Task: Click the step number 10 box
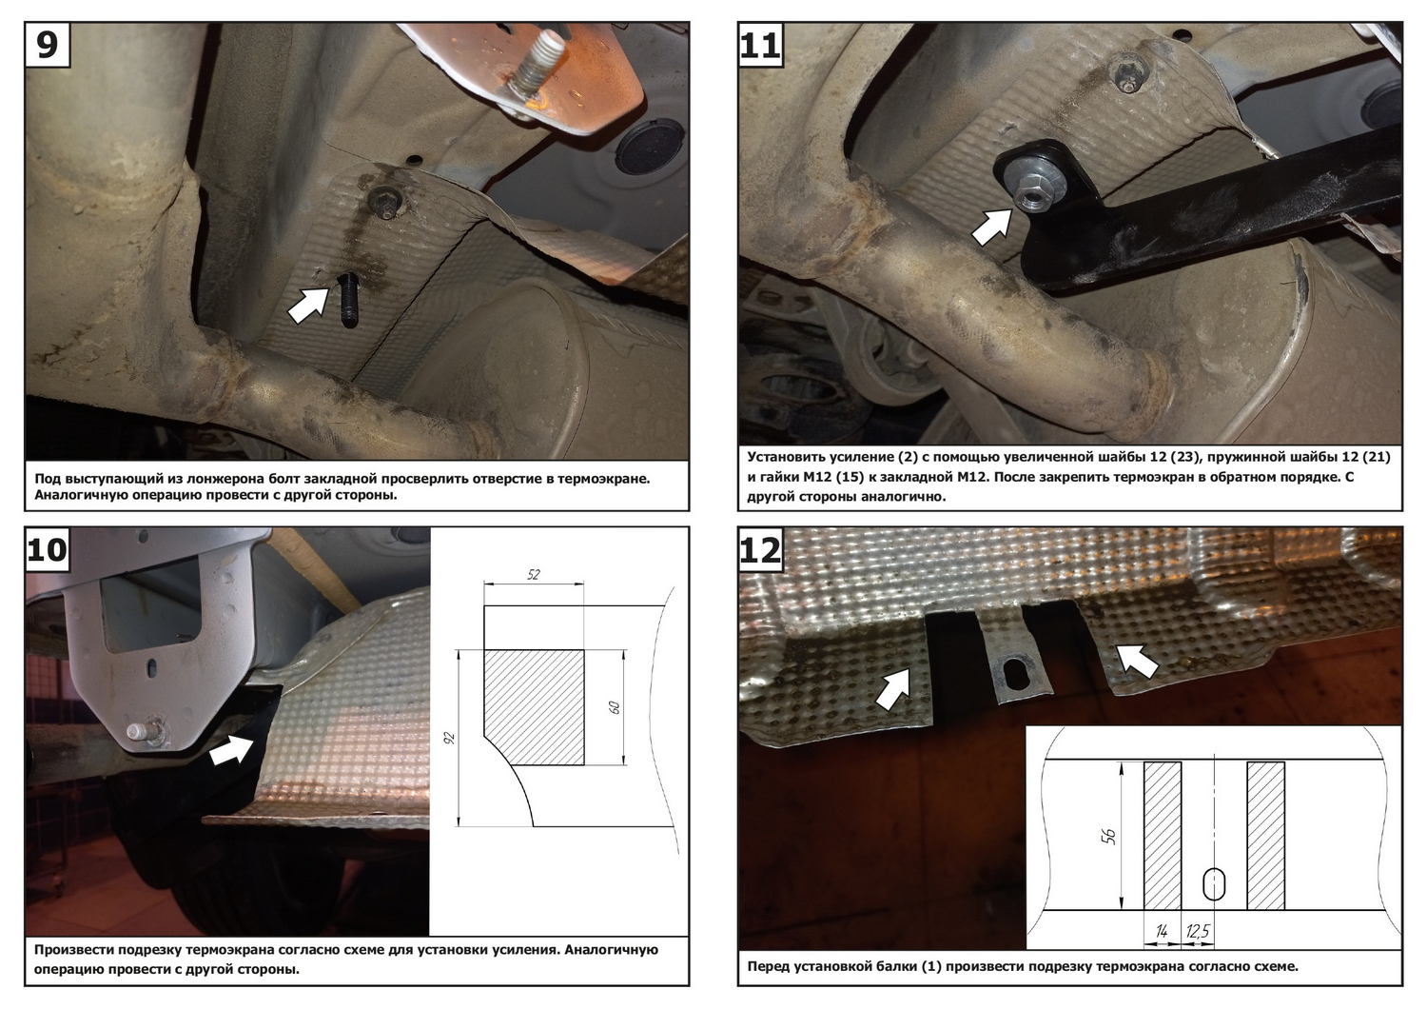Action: [48, 549]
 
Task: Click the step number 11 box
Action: [761, 45]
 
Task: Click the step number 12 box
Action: [761, 549]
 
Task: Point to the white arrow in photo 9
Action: [309, 305]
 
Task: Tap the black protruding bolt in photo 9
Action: [350, 300]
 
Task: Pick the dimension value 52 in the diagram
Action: [533, 574]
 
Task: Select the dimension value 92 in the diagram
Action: [450, 738]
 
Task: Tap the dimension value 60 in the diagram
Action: [615, 707]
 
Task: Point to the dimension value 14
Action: [1162, 931]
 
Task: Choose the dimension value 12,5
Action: [1198, 931]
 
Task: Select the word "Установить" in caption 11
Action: [787, 457]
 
